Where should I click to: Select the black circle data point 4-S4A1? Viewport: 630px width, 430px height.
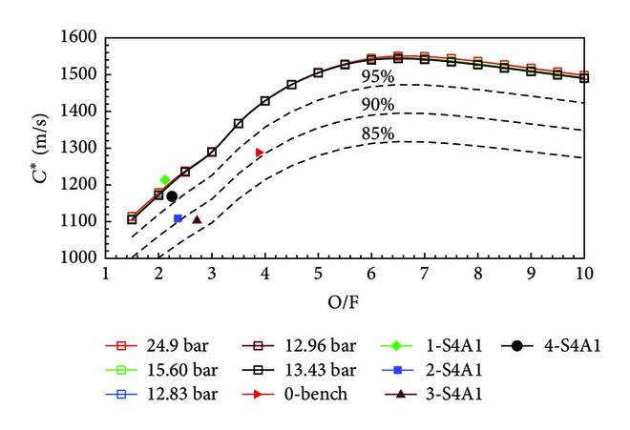(x=172, y=196)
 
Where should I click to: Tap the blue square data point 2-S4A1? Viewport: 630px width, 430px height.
(x=178, y=219)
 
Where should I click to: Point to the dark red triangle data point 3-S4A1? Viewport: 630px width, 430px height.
(x=197, y=219)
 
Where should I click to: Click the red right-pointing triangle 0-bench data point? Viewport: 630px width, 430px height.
(x=259, y=152)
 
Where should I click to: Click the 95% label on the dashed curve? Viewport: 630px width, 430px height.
(x=376, y=77)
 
